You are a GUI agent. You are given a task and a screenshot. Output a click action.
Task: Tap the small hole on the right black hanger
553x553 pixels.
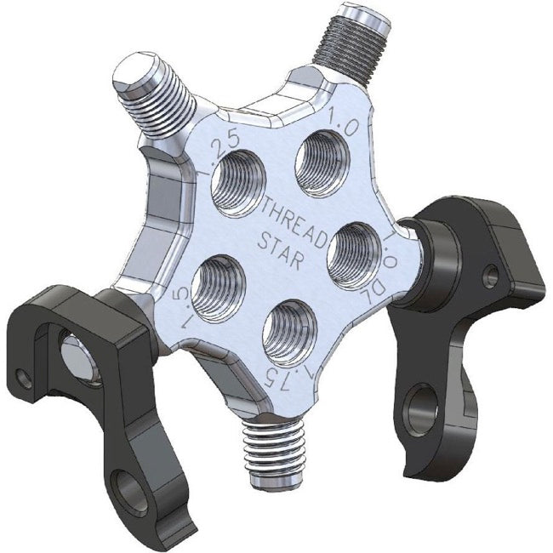[x=491, y=275]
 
